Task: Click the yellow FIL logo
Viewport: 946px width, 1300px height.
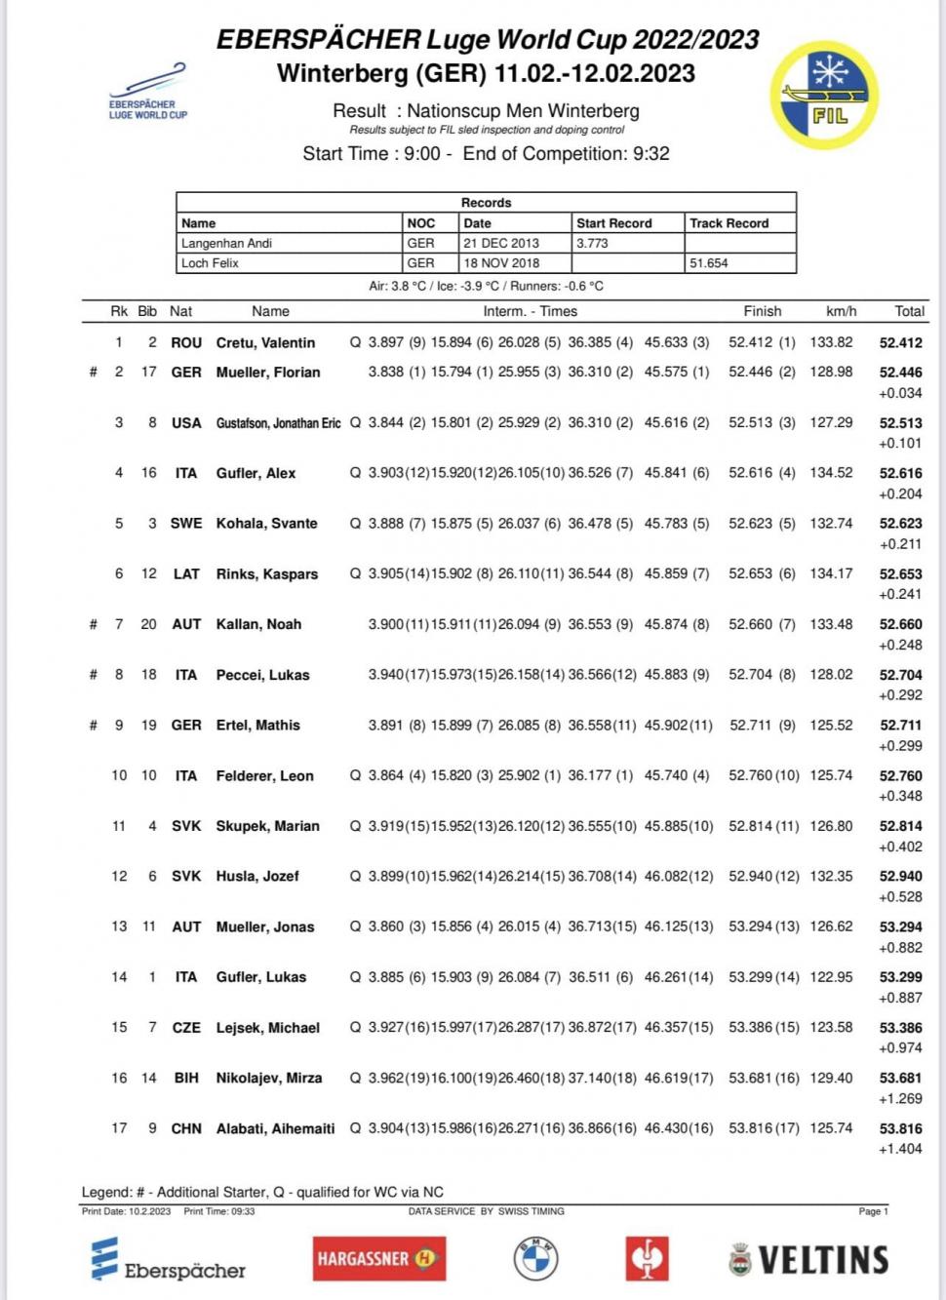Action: click(x=824, y=95)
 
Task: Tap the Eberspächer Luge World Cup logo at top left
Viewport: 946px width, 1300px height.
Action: click(x=148, y=93)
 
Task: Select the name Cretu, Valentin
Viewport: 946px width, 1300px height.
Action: click(x=265, y=343)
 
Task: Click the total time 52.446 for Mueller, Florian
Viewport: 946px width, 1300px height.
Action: click(x=900, y=373)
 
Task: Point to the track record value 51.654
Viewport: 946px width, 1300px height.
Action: click(x=709, y=263)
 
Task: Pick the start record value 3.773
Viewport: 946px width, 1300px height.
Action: click(x=592, y=244)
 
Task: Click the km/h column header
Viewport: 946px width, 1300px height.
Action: click(x=841, y=311)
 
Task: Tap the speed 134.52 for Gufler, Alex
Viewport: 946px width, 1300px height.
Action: click(x=831, y=473)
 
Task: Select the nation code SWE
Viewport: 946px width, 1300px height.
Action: click(x=186, y=524)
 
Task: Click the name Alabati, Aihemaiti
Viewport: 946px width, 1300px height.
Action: click(x=275, y=1128)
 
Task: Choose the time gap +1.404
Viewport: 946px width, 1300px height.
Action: click(x=900, y=1149)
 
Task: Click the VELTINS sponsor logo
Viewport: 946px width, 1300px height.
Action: click(x=808, y=1259)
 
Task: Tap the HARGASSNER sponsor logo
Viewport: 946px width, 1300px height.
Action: click(x=378, y=1258)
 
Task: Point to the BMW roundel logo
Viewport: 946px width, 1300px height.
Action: click(x=535, y=1258)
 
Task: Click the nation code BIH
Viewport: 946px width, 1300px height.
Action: click(x=186, y=1078)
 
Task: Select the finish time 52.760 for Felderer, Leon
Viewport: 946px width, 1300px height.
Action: click(x=751, y=776)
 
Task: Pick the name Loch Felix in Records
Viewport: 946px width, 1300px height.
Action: click(x=210, y=263)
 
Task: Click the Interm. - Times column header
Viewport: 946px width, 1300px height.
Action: click(x=530, y=311)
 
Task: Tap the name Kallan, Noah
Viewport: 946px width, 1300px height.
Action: click(x=258, y=624)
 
